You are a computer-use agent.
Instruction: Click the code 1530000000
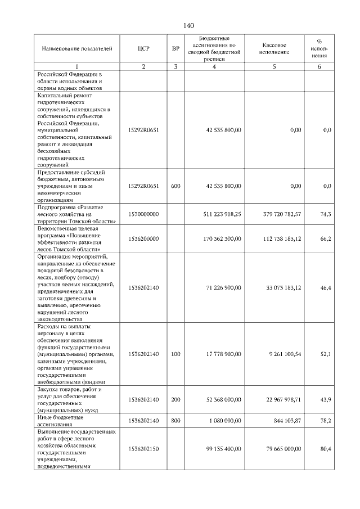click(x=143, y=214)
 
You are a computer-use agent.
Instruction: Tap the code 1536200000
click(x=143, y=238)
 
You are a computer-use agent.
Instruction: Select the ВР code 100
click(x=175, y=354)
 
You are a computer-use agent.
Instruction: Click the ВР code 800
click(x=175, y=421)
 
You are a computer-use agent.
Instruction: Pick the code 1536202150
click(x=143, y=449)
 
